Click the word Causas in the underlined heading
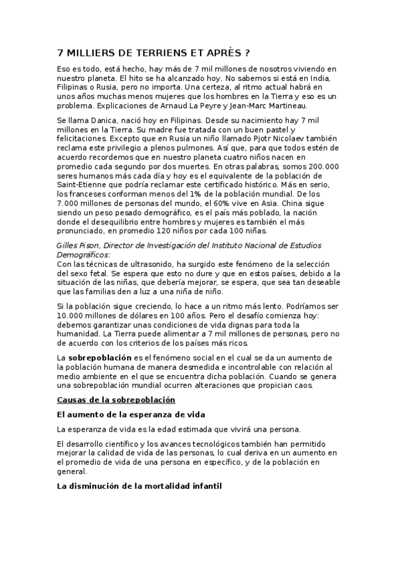[74, 400]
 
